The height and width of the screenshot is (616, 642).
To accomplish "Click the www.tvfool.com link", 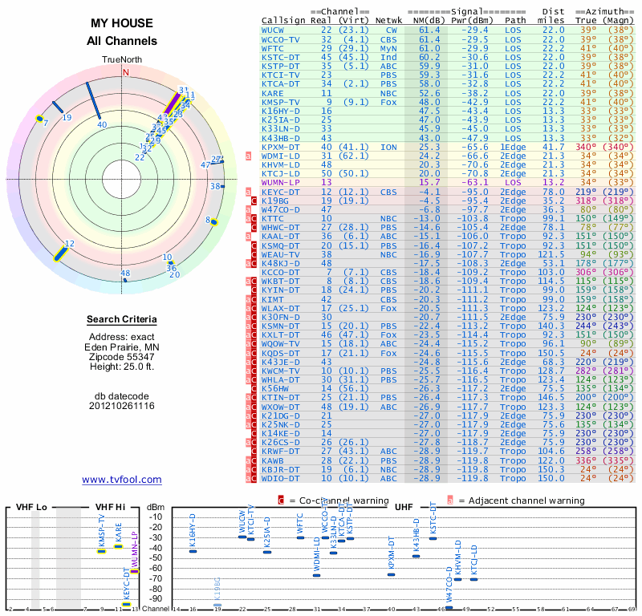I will tap(121, 480).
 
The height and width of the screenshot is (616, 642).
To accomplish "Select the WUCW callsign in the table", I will tap(274, 30).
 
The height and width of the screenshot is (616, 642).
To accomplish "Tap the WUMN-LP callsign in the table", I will tap(279, 182).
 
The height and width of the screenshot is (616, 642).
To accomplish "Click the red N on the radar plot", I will tap(125, 71).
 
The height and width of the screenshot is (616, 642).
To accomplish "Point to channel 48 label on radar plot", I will tap(125, 274).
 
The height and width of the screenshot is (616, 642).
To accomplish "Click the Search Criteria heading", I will tap(122, 320).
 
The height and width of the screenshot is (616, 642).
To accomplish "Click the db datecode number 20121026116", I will tap(122, 405).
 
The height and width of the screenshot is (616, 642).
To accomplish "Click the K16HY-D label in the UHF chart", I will tap(193, 533).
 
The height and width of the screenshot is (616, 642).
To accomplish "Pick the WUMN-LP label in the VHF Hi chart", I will tap(135, 553).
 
